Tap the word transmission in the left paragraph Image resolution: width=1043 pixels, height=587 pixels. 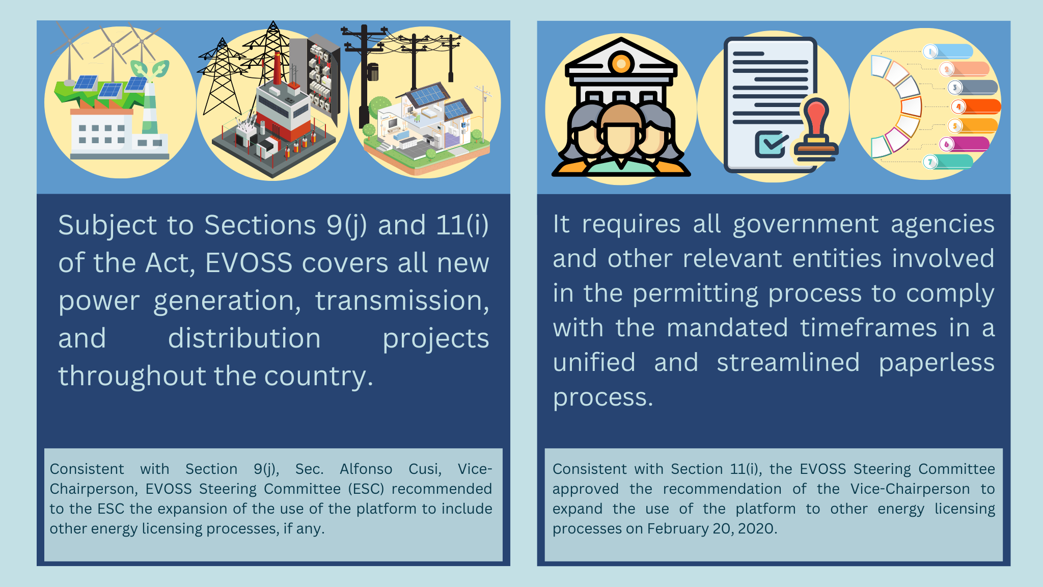[402, 301]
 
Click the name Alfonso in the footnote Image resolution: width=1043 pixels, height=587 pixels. [366, 469]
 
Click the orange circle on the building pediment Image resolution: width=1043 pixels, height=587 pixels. [620, 64]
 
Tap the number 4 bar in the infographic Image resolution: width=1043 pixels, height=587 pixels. [975, 106]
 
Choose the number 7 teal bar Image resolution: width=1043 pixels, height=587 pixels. [948, 162]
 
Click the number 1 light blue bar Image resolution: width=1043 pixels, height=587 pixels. [948, 51]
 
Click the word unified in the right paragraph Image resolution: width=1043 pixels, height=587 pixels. [594, 362]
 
